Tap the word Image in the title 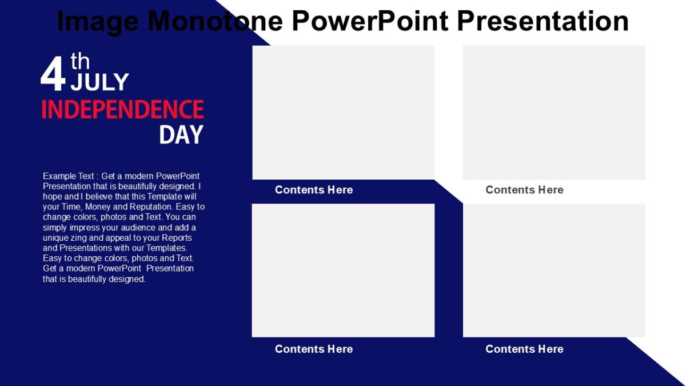(x=98, y=21)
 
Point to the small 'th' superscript (x=80, y=61)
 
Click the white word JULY (x=99, y=82)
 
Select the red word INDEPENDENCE (x=122, y=109)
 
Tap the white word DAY (x=181, y=135)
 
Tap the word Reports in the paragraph (x=177, y=238)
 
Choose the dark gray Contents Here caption (x=524, y=190)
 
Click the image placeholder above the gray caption (x=554, y=113)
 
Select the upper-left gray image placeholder (x=343, y=113)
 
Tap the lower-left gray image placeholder (x=343, y=270)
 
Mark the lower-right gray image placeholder (x=554, y=270)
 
